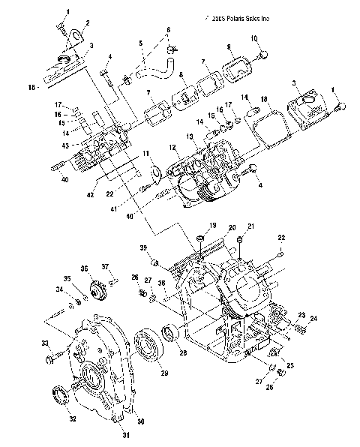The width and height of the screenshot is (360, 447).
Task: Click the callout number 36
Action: [x=85, y=268]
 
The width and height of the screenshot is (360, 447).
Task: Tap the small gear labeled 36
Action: [x=96, y=291]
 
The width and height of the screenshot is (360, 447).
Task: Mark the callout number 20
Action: [x=232, y=227]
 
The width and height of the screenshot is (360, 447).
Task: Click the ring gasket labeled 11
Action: [x=156, y=175]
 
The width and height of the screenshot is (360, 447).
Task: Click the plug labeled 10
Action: [x=262, y=54]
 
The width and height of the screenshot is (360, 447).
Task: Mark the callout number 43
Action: [x=65, y=145]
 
